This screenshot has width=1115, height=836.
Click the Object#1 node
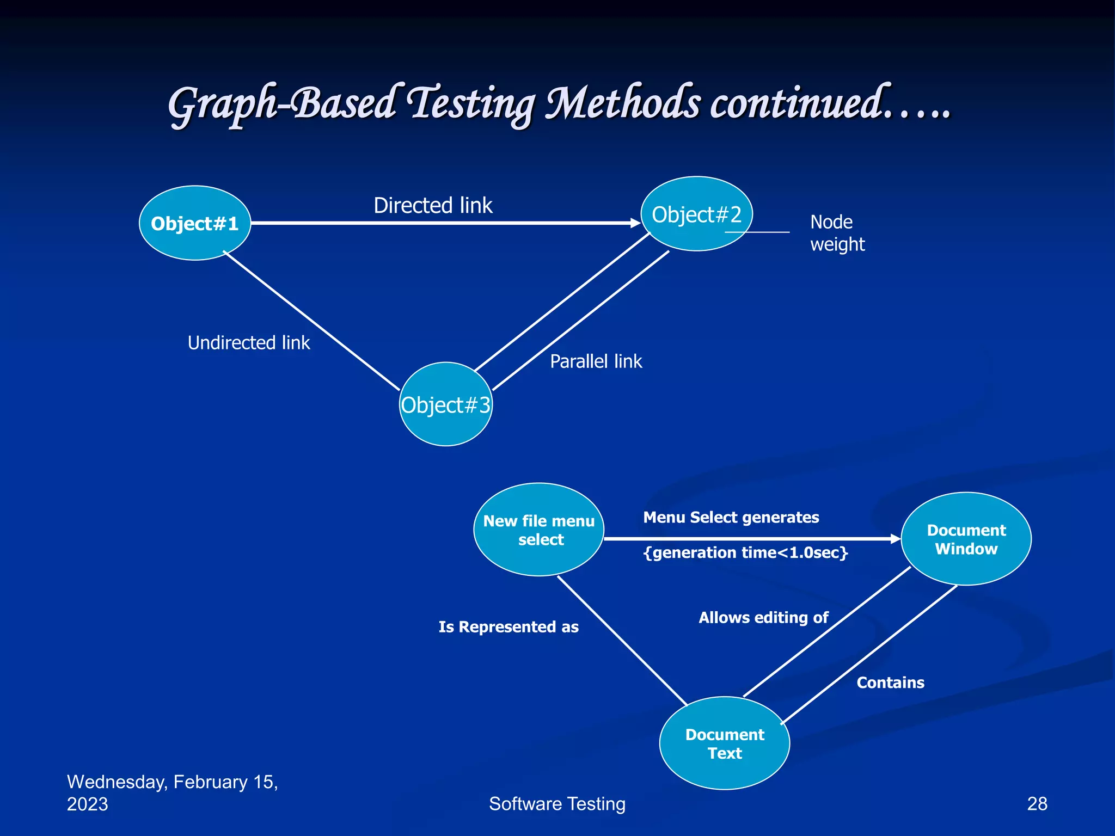[195, 223]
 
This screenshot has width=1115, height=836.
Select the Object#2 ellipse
[696, 214]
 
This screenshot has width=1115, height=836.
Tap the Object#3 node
[446, 404]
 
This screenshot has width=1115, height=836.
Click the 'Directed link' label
[433, 206]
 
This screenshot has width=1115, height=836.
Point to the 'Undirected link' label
[249, 343]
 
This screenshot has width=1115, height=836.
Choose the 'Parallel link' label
[596, 361]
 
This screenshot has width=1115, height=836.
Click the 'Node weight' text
[837, 233]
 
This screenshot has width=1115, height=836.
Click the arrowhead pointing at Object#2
[635, 223]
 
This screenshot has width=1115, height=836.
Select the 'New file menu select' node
[539, 530]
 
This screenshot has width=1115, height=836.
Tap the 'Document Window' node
[966, 539]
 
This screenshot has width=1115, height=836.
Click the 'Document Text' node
[725, 743]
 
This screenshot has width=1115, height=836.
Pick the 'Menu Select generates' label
[731, 517]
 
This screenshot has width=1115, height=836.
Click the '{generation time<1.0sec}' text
[745, 553]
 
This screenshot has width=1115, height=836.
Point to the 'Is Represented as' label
[509, 627]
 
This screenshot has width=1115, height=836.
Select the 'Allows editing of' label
[763, 618]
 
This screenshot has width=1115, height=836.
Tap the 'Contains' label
[890, 683]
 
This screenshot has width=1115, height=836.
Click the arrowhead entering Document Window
[896, 539]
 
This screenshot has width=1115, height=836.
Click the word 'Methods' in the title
[623, 103]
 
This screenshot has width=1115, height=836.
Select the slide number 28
[1037, 804]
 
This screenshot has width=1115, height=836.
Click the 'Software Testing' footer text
[557, 804]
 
